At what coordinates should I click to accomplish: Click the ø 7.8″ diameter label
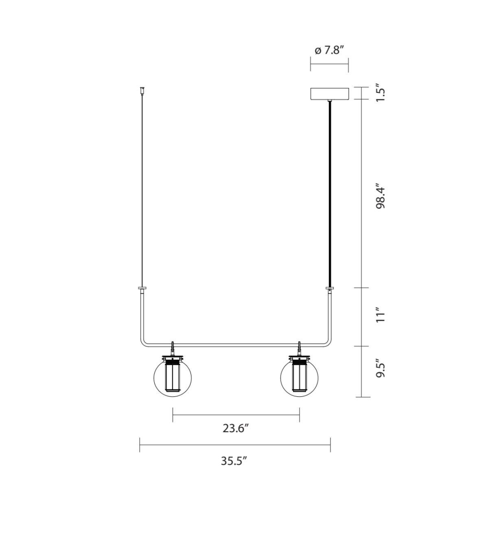click(x=330, y=50)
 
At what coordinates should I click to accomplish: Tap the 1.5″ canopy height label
click(x=380, y=93)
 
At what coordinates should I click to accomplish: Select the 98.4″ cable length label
click(x=380, y=196)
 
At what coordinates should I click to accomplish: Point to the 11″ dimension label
click(x=380, y=315)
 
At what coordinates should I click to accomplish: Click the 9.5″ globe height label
click(x=380, y=368)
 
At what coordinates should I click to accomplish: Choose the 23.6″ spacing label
click(x=235, y=428)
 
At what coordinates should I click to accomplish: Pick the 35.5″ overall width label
click(x=234, y=461)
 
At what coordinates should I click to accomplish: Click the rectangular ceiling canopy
click(x=329, y=94)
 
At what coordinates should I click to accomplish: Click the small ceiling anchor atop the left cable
click(x=142, y=90)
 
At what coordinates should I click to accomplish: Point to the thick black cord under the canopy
click(x=329, y=191)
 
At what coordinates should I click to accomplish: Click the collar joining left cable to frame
click(x=142, y=289)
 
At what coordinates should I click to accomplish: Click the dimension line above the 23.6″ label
click(x=236, y=415)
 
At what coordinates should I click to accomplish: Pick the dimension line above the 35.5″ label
click(x=235, y=444)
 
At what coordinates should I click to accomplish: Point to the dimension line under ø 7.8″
click(x=329, y=63)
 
